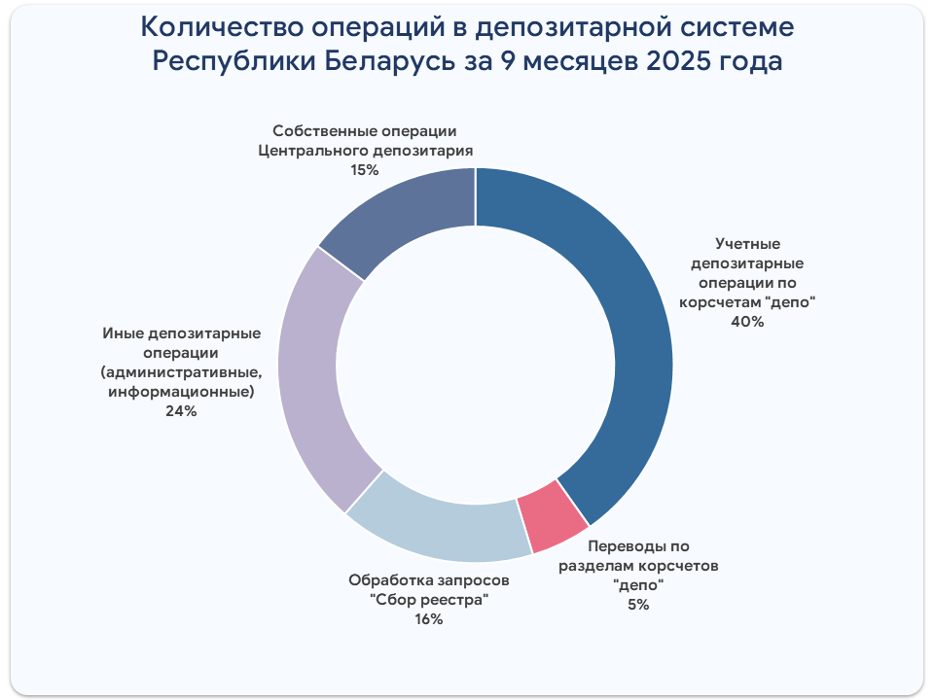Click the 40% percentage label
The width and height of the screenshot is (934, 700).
[747, 322]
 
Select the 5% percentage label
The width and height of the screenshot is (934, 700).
[638, 604]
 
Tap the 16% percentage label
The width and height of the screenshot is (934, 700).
[428, 619]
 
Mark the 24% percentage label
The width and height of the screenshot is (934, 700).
[181, 411]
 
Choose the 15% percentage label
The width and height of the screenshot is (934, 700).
[364, 170]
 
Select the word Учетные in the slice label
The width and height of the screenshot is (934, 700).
[747, 243]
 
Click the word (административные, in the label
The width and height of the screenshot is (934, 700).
[181, 372]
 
